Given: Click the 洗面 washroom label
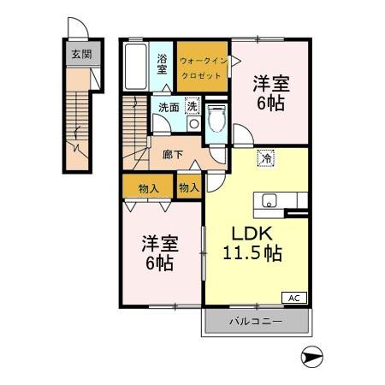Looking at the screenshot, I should [169, 108].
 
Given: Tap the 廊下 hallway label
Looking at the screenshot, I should [175, 157].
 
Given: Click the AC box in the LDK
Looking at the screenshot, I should [293, 298].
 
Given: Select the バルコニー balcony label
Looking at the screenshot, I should [255, 323].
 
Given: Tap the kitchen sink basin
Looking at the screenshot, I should [269, 202].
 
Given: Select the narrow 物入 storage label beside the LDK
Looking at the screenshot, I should [189, 186].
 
